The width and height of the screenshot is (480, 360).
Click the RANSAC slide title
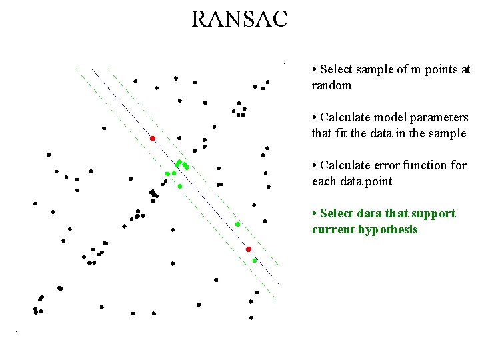coord(239,19)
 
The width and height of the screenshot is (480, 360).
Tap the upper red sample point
coord(153,139)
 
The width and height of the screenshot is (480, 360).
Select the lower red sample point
coord(248,249)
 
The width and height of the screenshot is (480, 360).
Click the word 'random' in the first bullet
coord(331,85)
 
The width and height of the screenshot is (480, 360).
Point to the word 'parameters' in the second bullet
coord(437,117)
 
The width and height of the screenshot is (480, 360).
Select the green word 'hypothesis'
coord(390,229)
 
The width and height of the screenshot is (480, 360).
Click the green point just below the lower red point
coord(255,261)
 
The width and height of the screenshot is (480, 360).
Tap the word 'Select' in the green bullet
coord(337,213)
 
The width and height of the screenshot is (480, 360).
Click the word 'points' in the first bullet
coord(441,69)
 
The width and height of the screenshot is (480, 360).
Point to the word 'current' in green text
coord(334,229)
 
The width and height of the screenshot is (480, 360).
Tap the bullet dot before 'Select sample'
coord(314,69)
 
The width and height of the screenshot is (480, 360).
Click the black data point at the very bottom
coord(251,318)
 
